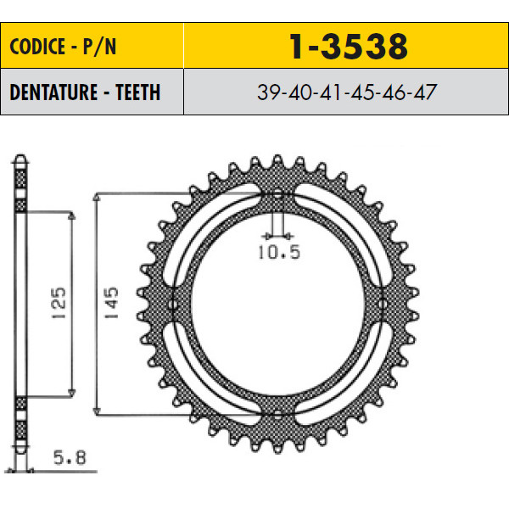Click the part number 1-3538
pos(349,47)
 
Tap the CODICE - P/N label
pos(63,47)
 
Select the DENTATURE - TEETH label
pos(85,92)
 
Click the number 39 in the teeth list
pos(268,92)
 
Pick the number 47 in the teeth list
pos(425,92)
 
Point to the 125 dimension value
pos(59,303)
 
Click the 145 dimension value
pos(111,303)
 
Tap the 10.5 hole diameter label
pos(279,252)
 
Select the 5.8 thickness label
pos(70,458)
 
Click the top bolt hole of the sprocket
pos(278,195)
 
